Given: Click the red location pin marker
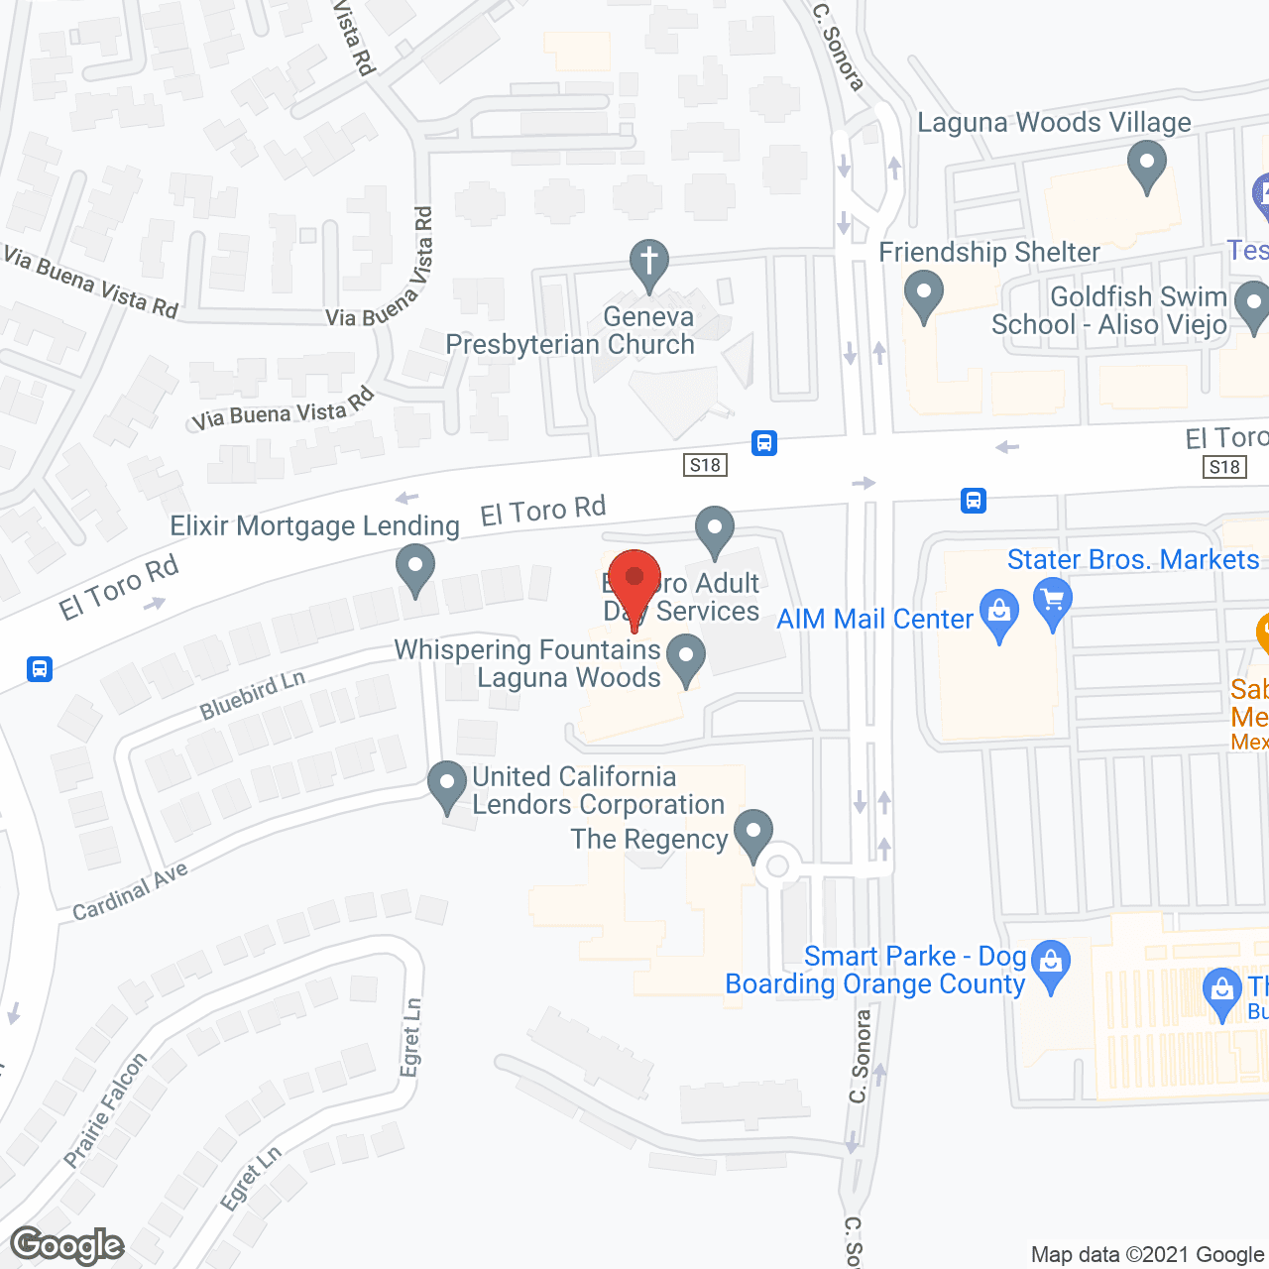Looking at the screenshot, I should pos(634,584).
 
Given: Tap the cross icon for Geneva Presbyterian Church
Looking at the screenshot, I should pos(649,263).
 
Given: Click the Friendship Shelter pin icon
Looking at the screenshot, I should pos(924,294).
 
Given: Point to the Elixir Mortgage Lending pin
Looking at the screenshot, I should pos(415,569).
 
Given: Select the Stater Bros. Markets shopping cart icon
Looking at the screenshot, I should pos(1053,600).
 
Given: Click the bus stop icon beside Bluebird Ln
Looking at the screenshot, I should pos(40,669).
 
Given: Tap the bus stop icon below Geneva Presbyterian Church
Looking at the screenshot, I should pos(763,442).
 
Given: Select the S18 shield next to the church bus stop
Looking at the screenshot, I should pos(706,465).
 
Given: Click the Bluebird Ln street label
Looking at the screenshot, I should pos(252,694).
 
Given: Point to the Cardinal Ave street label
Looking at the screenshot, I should pos(130,891).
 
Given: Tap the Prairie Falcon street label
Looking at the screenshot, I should pos(105,1109).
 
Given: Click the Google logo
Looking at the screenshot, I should pos(67,1245).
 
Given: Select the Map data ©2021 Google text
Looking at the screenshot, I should pos(1148,1255).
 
